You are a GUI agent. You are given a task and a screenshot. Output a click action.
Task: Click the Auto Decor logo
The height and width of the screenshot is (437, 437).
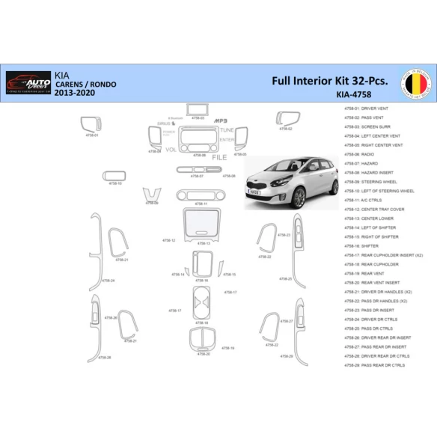(28, 81)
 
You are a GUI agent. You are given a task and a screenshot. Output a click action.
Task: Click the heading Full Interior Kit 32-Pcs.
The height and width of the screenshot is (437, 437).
(329, 80)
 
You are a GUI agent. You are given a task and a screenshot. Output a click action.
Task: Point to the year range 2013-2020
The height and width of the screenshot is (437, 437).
(75, 95)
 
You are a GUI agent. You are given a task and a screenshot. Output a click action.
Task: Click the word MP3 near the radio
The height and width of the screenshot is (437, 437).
(221, 120)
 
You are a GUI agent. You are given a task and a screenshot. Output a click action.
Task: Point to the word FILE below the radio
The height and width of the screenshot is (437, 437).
(218, 158)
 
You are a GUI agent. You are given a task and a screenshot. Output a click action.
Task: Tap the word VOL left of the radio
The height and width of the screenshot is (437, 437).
(171, 150)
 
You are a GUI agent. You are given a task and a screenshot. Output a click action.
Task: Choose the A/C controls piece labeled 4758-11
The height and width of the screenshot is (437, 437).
(201, 195)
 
